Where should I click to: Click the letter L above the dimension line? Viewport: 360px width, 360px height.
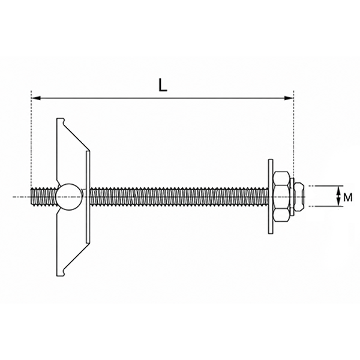click(163, 85)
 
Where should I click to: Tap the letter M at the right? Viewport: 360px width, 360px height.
click(348, 197)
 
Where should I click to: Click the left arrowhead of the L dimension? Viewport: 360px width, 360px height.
click(36, 98)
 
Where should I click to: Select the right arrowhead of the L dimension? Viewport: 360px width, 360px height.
click(289, 98)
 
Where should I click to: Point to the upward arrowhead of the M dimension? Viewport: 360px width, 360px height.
click(338, 190)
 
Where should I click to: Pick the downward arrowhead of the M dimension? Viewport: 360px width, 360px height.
click(338, 202)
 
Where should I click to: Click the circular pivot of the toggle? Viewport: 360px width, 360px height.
click(69, 197)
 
